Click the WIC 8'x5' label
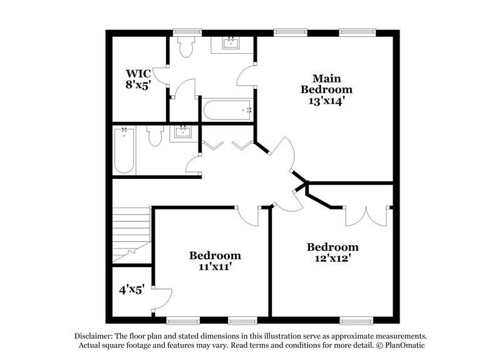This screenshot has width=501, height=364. click(x=138, y=80)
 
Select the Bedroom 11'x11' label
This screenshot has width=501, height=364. click(x=215, y=261)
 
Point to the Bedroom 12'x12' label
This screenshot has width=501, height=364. click(x=332, y=252)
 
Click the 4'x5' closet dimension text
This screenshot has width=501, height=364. click(x=132, y=290)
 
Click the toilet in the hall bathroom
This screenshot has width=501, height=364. click(x=155, y=135)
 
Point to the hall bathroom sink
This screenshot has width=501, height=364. click(x=183, y=132)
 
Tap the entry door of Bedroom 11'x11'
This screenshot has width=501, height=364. click(x=248, y=216)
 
